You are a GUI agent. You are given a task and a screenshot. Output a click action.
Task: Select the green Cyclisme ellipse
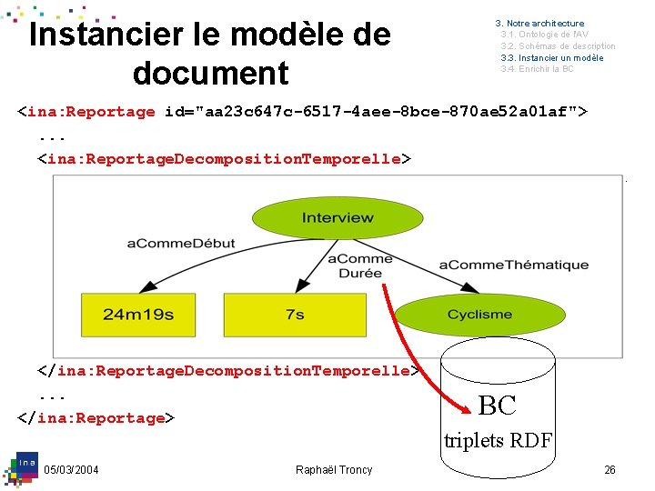[479, 315]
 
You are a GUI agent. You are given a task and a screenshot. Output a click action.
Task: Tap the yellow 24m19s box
[138, 315]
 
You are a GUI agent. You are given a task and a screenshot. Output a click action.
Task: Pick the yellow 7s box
[295, 315]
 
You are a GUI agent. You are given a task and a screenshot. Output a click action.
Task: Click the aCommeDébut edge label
[181, 243]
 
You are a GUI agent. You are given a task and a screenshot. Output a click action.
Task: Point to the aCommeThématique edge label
[514, 265]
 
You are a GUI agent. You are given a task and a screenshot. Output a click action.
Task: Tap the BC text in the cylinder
[497, 406]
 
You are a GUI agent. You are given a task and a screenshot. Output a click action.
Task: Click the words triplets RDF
[498, 441]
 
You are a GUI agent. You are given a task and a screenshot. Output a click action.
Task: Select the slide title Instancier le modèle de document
[210, 54]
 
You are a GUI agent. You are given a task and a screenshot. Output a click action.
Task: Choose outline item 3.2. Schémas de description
[558, 46]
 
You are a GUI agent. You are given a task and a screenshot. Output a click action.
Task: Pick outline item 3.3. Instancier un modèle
[551, 58]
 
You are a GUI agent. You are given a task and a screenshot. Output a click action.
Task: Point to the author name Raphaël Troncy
[334, 469]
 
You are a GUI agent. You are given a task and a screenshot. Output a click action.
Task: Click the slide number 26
[610, 469]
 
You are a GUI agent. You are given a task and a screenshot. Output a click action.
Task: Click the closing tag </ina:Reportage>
[95, 418]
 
